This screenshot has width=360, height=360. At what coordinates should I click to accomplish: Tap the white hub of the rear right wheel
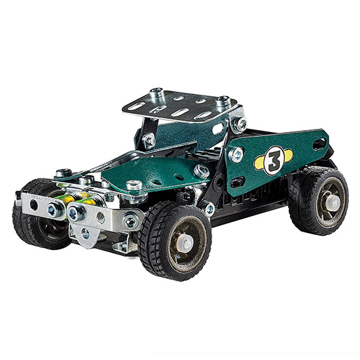[x=333, y=203]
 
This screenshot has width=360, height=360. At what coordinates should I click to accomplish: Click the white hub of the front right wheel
[x=185, y=243]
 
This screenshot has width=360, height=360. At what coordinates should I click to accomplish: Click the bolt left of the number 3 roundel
[x=236, y=154]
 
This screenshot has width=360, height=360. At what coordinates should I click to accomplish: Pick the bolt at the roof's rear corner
[x=223, y=101]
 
